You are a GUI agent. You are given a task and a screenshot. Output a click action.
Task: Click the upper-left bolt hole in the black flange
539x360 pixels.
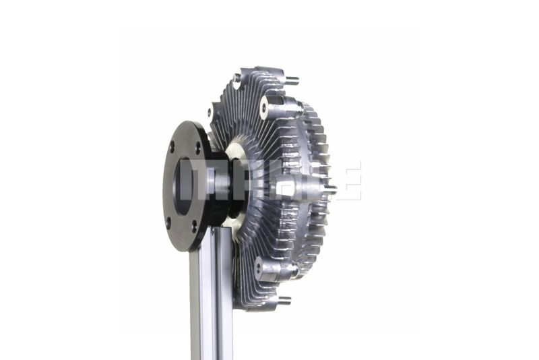pyautogui.click(x=172, y=148)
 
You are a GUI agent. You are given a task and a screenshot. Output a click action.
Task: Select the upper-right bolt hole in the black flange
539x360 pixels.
pyautogui.click(x=197, y=148)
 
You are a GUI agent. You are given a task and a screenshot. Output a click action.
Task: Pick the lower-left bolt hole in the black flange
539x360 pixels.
pyautogui.click(x=168, y=223)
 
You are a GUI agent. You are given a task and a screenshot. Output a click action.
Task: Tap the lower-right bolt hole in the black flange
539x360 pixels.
pyautogui.click(x=194, y=226)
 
